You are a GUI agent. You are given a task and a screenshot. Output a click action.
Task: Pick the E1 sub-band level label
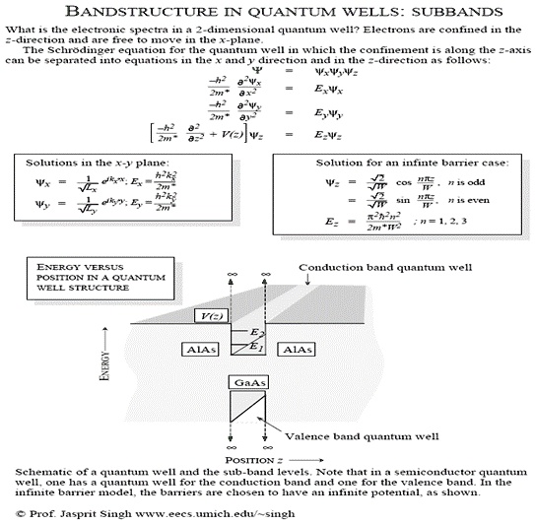pos(255,347)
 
